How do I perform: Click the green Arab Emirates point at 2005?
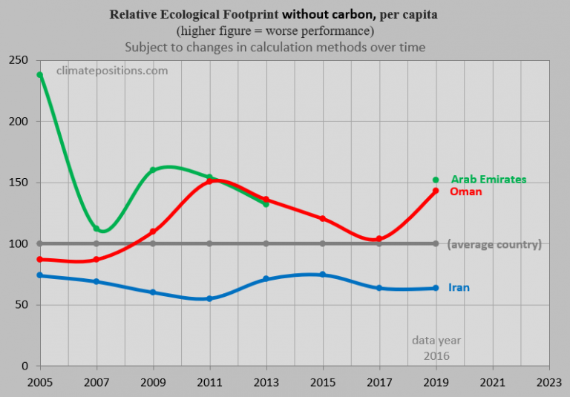click(39, 75)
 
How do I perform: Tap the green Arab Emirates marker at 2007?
click(96, 229)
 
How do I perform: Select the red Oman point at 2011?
click(209, 181)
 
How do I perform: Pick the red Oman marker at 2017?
click(379, 239)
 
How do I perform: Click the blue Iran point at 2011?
click(209, 298)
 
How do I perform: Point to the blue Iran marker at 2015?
click(323, 275)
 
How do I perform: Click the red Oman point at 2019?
click(436, 191)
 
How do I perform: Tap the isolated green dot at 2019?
click(436, 180)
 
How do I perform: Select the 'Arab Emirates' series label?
click(488, 180)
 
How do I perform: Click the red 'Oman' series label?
click(466, 191)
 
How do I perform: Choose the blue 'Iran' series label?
click(459, 287)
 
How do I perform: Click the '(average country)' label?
click(494, 244)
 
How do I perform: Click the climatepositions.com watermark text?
click(112, 70)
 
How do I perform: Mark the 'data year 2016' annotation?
click(436, 348)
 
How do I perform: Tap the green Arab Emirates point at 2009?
click(153, 170)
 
